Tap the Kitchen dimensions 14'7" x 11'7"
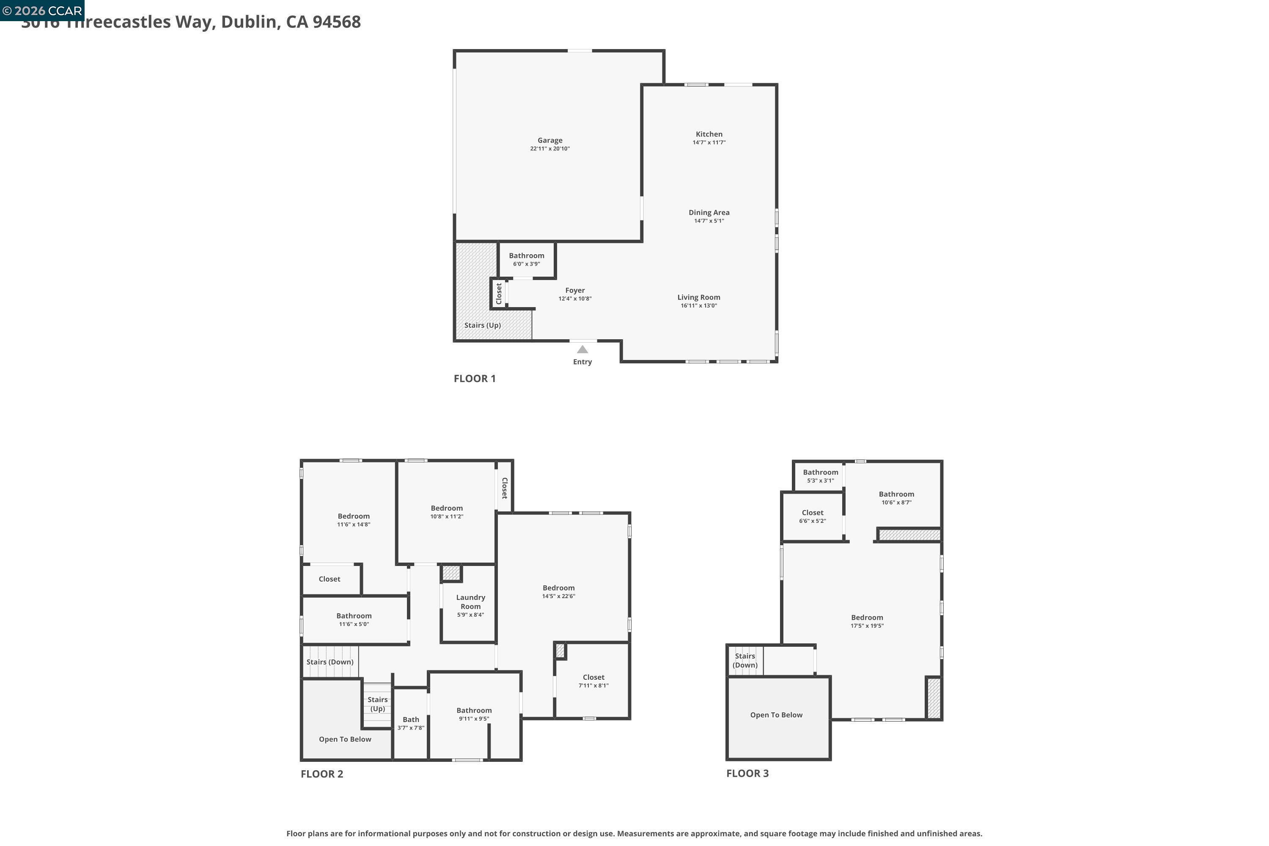pos(709,143)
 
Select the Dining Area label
pos(709,213)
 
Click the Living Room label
pos(698,297)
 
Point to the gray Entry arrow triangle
pos(582,350)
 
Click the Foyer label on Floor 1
pos(574,290)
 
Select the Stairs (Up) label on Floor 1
pos(482,325)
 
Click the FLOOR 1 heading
pos(474,378)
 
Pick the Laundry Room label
pos(470,602)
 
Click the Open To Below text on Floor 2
pos(345,739)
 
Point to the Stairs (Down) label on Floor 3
pos(744,660)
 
